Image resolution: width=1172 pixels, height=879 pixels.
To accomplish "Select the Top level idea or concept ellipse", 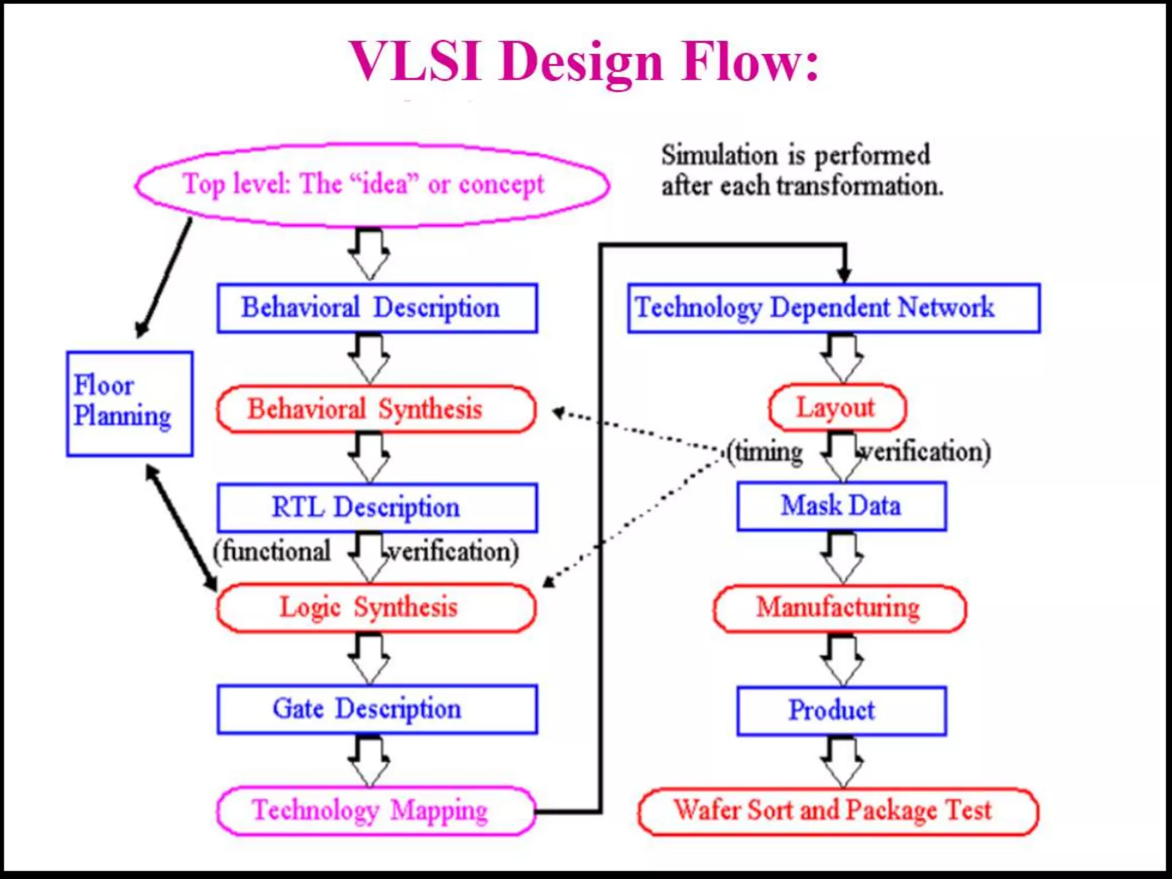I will (x=372, y=185).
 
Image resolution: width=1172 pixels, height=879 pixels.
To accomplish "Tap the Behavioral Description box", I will (x=377, y=308).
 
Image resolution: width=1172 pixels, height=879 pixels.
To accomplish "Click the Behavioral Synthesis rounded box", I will (x=376, y=409).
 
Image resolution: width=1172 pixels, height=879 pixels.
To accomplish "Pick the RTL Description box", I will (x=377, y=508).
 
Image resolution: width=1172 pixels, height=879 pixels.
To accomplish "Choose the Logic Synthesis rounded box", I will (x=376, y=608).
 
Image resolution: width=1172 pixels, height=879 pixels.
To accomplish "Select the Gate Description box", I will (x=377, y=709).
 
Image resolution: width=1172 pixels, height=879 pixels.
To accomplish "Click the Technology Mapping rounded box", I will (x=376, y=811).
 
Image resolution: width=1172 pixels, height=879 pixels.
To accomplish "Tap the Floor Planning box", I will (x=129, y=403).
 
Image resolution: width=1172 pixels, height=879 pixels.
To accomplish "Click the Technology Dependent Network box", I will (x=833, y=308).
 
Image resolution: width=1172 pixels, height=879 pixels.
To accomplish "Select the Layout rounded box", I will (x=837, y=407).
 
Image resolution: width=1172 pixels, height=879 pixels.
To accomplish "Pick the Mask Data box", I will (x=841, y=506).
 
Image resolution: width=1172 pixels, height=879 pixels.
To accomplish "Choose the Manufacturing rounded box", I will (x=839, y=608).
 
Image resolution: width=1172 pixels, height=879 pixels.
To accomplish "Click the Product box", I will (x=841, y=710).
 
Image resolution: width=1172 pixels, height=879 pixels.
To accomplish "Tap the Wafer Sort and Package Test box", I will (x=837, y=811).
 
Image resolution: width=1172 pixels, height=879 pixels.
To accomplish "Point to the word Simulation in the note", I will (x=719, y=156).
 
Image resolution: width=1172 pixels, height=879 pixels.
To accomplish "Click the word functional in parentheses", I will (x=276, y=552).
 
